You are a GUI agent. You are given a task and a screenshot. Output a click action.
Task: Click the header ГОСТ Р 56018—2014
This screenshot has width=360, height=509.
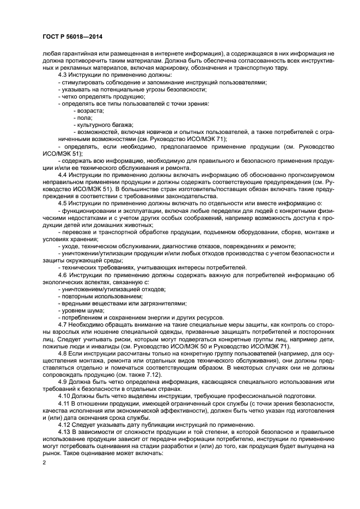pyautogui.click(x=72, y=36)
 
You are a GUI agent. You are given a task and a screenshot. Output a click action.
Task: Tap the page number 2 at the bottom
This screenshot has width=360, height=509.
pyautogui.click(x=44, y=462)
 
